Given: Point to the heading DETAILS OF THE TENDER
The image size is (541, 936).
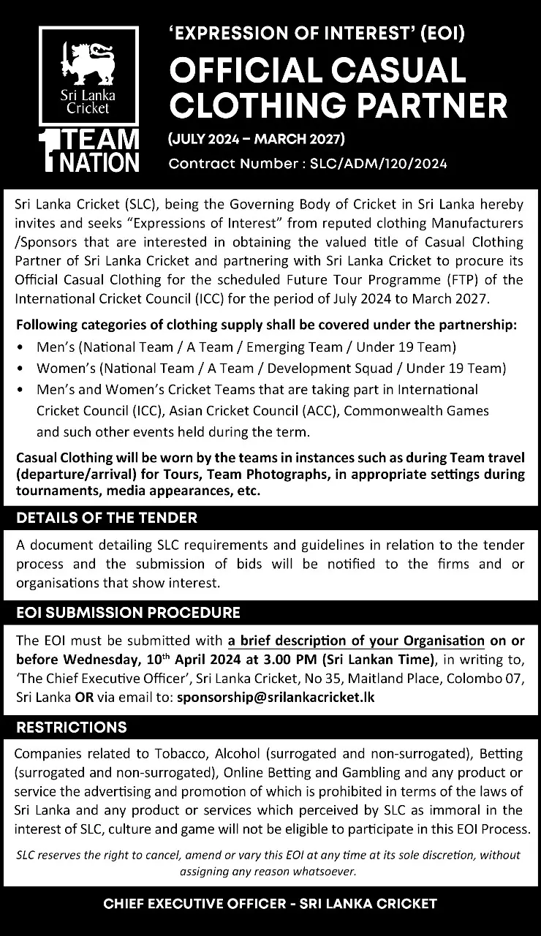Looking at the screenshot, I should coord(107,518).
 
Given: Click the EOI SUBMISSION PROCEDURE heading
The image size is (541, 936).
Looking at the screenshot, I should coord(128,612).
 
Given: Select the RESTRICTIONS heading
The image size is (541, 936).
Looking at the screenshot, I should coord(72,727).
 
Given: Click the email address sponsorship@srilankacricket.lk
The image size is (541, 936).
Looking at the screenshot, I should coord(276,697).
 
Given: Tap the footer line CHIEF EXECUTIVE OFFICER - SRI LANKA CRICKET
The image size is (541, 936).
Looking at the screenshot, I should coord(270,903).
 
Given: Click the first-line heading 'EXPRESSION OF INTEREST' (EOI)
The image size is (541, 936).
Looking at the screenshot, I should coord(317,32).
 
